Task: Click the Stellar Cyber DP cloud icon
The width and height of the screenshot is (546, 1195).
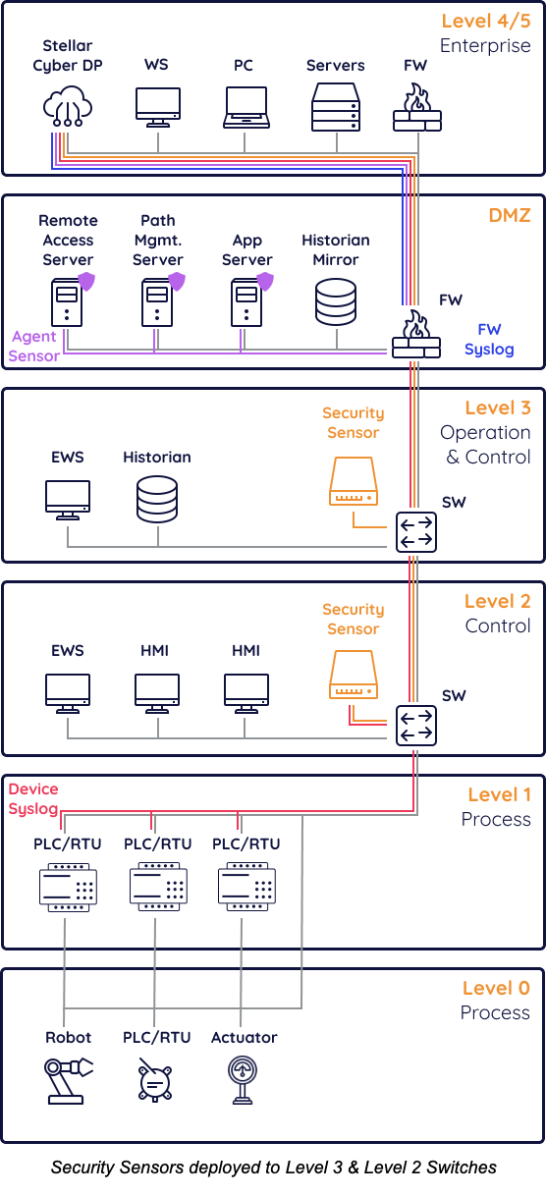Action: tap(67, 106)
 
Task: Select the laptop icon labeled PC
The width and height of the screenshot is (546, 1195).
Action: tap(246, 107)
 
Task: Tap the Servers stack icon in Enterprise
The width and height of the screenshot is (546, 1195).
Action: tap(336, 107)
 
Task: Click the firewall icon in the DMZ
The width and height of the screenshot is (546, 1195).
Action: tap(416, 334)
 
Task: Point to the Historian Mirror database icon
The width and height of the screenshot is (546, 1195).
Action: tap(336, 302)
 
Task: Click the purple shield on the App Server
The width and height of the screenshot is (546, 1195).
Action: tap(265, 281)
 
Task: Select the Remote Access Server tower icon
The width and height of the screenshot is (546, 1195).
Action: tap(67, 302)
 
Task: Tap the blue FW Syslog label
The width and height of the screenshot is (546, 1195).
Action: tap(489, 340)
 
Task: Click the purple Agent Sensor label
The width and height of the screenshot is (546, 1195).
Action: tap(33, 346)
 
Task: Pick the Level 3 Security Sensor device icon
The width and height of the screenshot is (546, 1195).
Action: tap(354, 481)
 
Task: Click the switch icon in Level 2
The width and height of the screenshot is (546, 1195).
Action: tap(416, 726)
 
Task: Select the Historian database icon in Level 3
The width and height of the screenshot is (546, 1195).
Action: tap(157, 500)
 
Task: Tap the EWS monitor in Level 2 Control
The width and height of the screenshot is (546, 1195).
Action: tap(68, 693)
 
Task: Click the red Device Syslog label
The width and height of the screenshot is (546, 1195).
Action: tap(33, 798)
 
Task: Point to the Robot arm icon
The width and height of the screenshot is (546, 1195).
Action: tap(68, 1081)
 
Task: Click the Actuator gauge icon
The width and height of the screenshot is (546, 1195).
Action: tap(243, 1079)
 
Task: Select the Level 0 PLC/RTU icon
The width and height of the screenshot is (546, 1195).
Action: tap(155, 1080)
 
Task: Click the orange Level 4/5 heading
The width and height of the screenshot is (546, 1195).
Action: tap(486, 21)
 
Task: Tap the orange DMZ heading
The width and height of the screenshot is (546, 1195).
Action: tap(510, 215)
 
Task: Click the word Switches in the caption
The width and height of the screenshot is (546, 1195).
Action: tap(462, 1168)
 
